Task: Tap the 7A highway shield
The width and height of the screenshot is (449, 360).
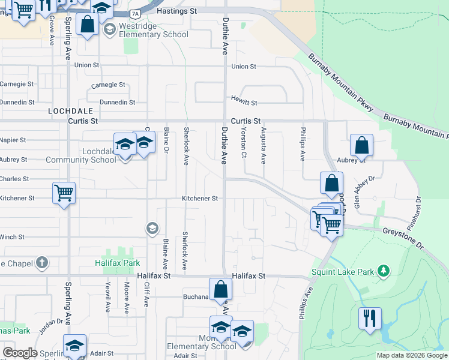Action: tap(136, 13)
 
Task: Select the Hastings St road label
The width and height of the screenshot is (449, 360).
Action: tap(176, 11)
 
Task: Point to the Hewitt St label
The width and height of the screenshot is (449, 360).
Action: tap(244, 103)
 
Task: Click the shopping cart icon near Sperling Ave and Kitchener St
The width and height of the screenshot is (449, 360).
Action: tap(64, 193)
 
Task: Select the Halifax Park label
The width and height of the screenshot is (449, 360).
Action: tap(117, 263)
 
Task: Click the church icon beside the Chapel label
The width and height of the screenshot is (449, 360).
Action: tap(41, 262)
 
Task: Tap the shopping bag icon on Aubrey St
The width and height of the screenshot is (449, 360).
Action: tap(361, 145)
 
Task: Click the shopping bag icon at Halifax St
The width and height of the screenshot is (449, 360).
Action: tap(221, 289)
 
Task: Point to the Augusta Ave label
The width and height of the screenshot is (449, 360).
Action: tap(263, 145)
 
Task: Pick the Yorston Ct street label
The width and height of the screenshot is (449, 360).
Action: tap(244, 143)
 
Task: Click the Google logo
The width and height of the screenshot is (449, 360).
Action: tap(20, 353)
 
